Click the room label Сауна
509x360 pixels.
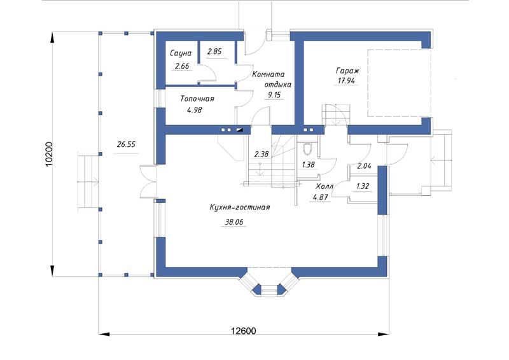(181, 53)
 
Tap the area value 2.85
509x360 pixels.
(214, 52)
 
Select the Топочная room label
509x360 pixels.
(197, 99)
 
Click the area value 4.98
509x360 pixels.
(195, 110)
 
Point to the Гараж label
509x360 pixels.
(347, 71)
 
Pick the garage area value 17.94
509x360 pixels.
(346, 81)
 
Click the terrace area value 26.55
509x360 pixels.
(126, 144)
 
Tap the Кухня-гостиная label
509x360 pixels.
(240, 207)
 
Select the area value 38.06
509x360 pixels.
(234, 222)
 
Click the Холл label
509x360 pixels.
(324, 186)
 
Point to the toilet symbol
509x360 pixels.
(307, 149)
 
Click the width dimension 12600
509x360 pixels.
(244, 331)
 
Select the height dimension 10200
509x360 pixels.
(49, 154)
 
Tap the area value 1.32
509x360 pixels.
(363, 186)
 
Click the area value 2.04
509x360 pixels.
(364, 166)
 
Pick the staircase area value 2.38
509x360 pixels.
(261, 154)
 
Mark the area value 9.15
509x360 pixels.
(273, 95)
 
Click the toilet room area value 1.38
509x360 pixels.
(308, 165)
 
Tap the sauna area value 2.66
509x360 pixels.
(182, 66)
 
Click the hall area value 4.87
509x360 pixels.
(320, 197)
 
